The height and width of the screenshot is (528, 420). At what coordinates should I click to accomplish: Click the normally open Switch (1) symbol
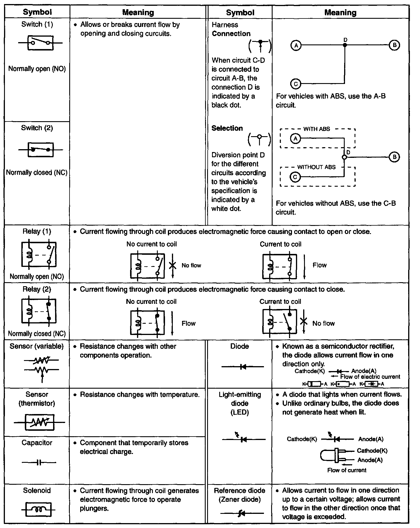coord(40,43)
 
